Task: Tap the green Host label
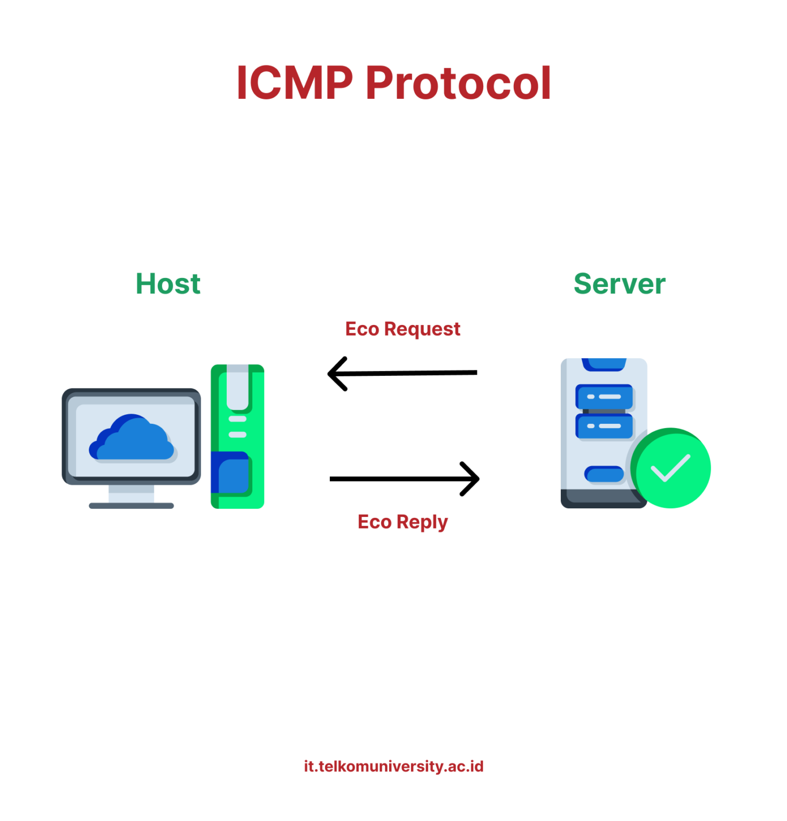click(168, 283)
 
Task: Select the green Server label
click(619, 283)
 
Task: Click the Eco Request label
click(402, 329)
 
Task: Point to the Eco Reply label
click(402, 522)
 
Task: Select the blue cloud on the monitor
click(132, 439)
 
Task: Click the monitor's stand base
click(131, 506)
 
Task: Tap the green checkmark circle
click(672, 468)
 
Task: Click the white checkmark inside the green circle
click(669, 468)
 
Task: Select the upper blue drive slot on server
click(604, 397)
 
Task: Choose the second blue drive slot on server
click(604, 426)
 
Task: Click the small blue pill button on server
click(604, 474)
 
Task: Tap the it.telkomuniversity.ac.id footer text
click(393, 766)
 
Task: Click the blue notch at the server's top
click(604, 364)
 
